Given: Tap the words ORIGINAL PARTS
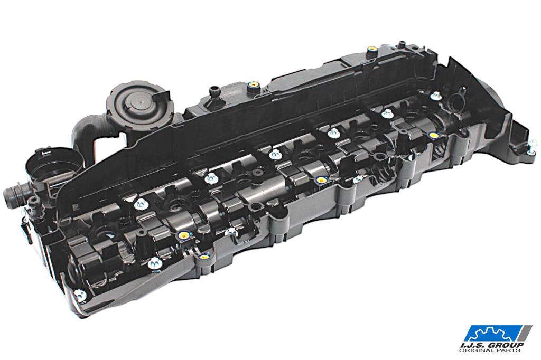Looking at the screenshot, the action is coord(489,350).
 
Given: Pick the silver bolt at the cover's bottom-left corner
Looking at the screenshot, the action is coord(80,295).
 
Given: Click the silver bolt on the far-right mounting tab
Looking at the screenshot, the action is coord(532,144).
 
